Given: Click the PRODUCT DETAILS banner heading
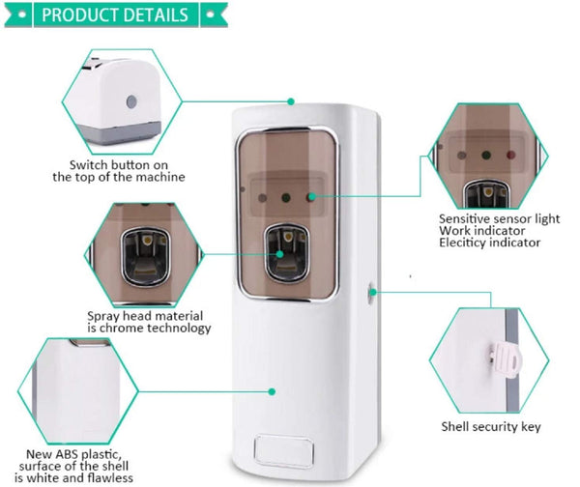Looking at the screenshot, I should click(x=115, y=15).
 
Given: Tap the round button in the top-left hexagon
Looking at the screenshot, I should click(x=131, y=100).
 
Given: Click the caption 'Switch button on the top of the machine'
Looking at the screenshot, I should click(x=119, y=170).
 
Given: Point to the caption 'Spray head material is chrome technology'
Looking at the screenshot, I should click(x=148, y=322).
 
